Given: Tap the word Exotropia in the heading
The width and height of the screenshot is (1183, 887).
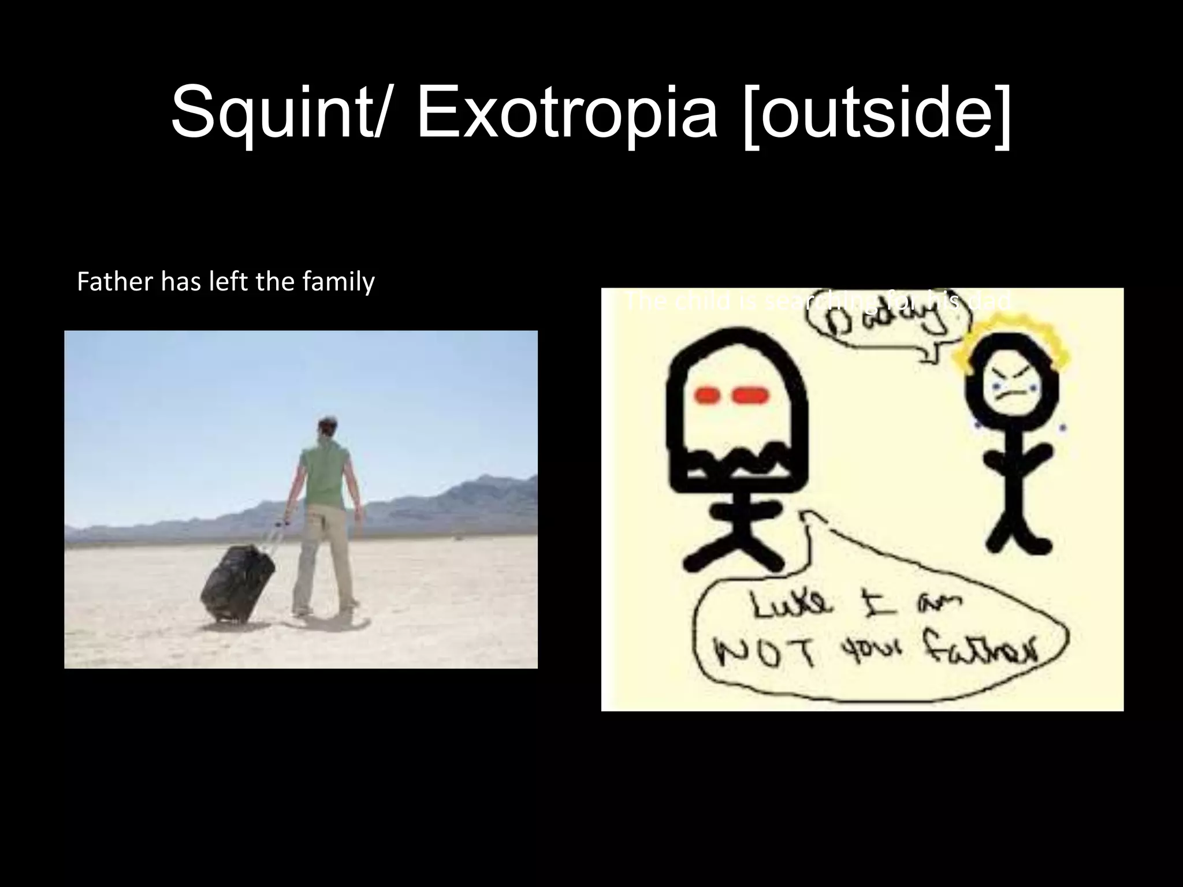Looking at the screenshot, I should tap(566, 112).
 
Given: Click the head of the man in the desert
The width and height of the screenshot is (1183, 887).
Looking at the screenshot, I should tap(326, 430).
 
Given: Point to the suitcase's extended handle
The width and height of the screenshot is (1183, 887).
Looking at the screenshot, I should tap(275, 535).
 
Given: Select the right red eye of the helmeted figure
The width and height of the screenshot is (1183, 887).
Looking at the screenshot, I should tap(751, 396).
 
